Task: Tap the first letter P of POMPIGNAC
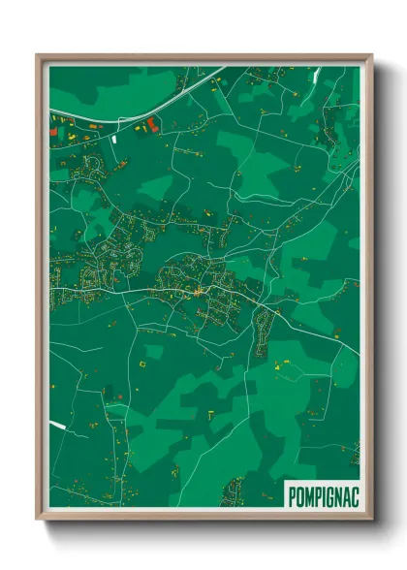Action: [x=293, y=494]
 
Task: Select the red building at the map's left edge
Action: [x=52, y=132]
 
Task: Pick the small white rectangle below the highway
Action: [x=114, y=139]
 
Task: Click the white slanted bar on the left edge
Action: [x=57, y=426]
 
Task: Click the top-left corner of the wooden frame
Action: [x=38, y=55]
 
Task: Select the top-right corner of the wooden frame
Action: [x=371, y=55]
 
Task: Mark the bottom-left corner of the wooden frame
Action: [x=38, y=520]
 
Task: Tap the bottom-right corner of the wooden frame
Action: [x=371, y=520]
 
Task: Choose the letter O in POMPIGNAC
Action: [x=299, y=494]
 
